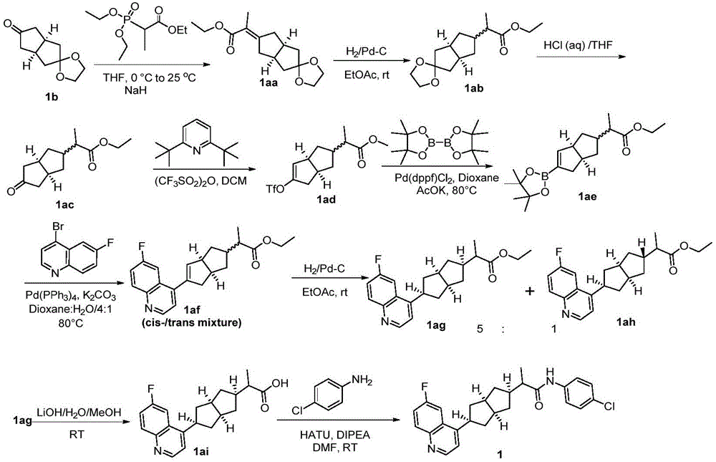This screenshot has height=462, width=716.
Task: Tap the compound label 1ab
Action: [x=473, y=88]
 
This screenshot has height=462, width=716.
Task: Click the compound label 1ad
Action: [x=326, y=200]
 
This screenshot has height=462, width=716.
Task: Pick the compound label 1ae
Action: [x=588, y=196]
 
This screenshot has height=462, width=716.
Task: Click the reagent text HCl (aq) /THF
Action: [x=578, y=45]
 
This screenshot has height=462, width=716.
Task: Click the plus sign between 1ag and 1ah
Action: [x=530, y=291]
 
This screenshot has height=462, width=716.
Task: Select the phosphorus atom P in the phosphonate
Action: [x=128, y=21]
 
